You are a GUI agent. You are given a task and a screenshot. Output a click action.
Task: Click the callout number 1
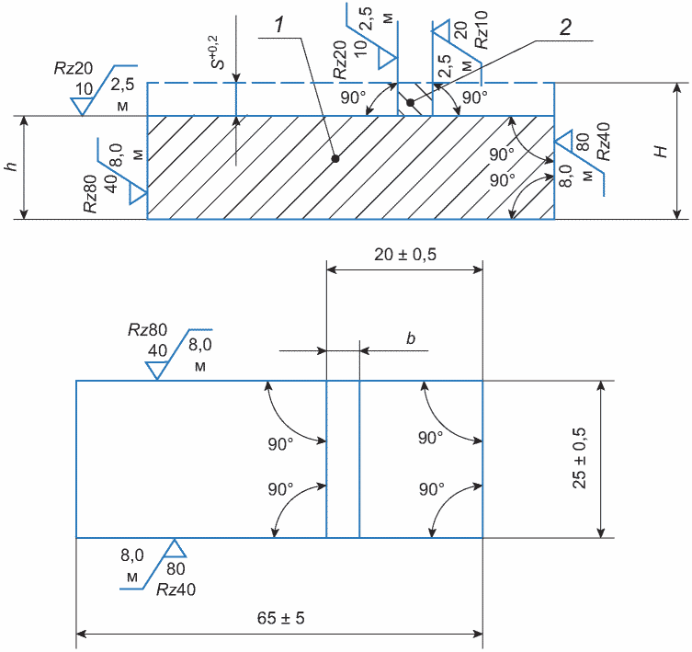coord(279,25)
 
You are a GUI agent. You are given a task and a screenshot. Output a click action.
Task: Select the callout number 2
coord(565,27)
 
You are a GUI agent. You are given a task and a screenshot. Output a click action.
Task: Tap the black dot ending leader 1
coord(335,158)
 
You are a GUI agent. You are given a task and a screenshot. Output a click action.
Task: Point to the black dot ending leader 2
coord(411,103)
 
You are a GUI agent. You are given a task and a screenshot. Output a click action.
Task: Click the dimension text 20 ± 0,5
coord(405,255)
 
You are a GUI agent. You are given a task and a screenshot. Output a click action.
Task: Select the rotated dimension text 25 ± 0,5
coord(579,458)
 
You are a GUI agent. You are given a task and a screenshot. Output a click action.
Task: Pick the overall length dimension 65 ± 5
coord(280,618)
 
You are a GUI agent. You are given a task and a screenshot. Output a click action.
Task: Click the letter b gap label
coord(411,337)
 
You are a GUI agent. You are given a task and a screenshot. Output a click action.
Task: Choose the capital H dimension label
coord(661,152)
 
